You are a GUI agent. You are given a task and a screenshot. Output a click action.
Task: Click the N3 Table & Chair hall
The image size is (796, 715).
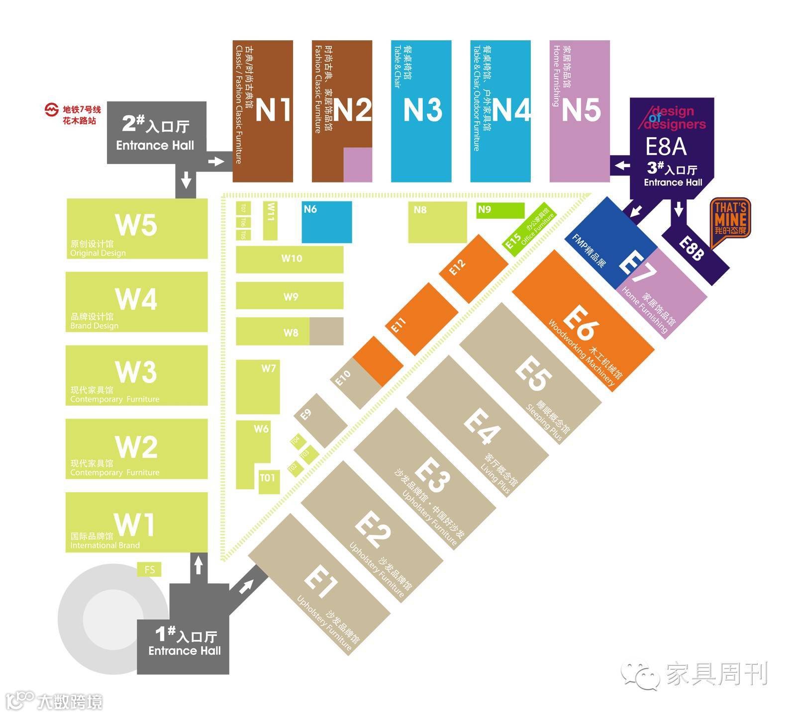click(421, 111)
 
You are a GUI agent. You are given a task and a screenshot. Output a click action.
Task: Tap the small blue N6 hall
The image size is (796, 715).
click(326, 222)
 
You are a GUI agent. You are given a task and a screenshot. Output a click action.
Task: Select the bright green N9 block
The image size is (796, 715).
click(500, 210)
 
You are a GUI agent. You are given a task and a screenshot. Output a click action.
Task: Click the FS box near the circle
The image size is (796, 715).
click(149, 570)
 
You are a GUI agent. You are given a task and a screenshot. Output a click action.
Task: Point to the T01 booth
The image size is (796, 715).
click(268, 478)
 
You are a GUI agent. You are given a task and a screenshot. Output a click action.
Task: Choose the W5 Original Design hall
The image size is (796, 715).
click(137, 229)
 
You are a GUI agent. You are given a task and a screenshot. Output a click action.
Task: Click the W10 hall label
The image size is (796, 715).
click(291, 259)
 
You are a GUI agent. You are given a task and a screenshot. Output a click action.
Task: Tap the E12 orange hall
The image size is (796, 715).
click(473, 268)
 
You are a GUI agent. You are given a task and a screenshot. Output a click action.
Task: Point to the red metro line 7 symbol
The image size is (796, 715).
click(51, 110)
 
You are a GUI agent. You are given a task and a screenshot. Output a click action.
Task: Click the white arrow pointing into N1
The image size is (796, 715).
click(216, 162)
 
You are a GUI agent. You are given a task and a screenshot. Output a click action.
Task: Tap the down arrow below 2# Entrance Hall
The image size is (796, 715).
click(186, 179)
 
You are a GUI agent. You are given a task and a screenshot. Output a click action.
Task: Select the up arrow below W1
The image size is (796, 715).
click(199, 565)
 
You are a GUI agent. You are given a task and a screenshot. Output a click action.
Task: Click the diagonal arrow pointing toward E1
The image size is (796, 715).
click(246, 587)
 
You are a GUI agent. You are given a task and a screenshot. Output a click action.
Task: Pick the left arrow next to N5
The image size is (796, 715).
click(622, 166)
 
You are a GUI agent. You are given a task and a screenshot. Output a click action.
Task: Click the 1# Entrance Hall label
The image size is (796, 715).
click(185, 642)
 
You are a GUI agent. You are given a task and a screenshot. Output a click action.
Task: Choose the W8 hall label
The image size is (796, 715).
click(291, 333)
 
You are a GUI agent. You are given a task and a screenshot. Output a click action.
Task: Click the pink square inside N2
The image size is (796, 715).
click(357, 165)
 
